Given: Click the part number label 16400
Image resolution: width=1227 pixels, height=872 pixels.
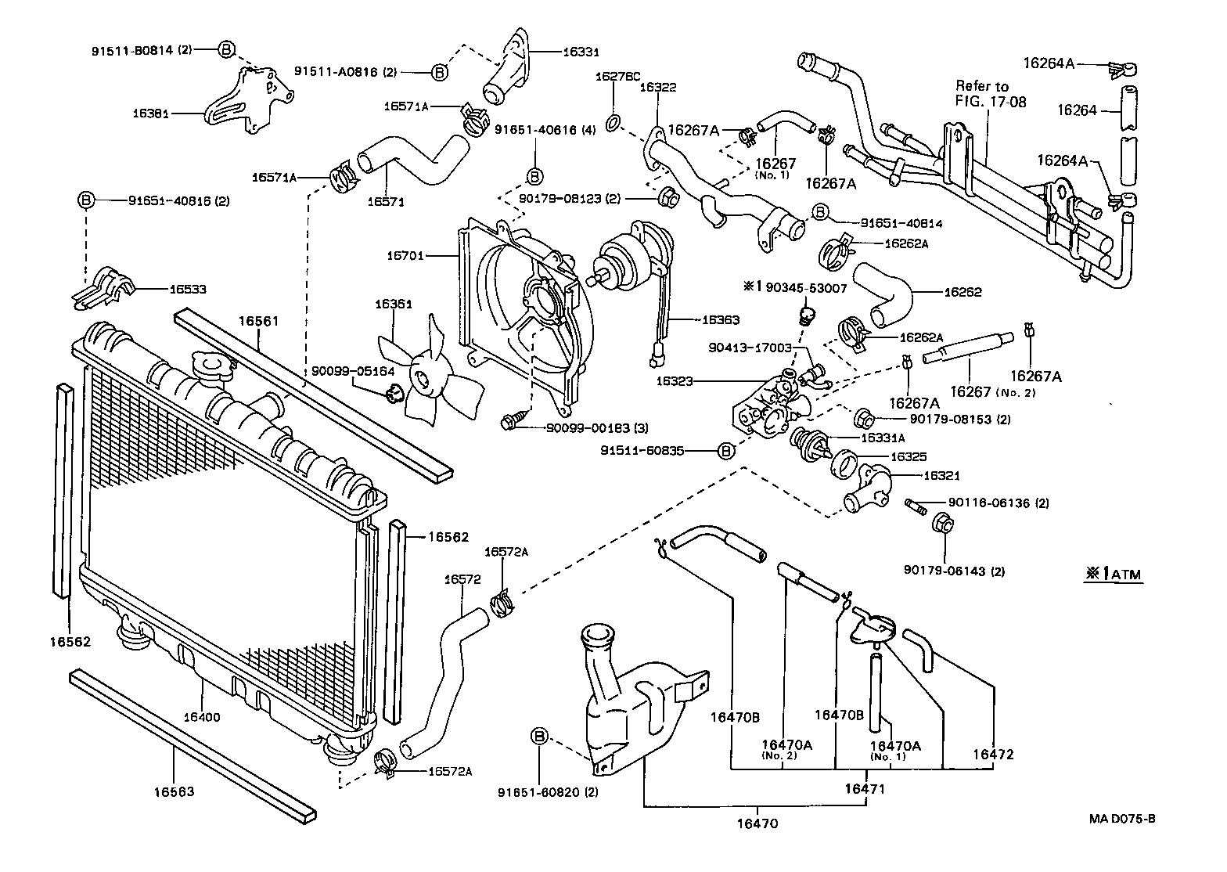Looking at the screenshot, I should [x=202, y=716].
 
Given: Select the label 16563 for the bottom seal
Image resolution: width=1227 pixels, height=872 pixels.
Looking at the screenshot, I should [x=174, y=791].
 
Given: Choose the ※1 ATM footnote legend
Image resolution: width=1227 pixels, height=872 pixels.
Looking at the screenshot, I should [x=1114, y=575].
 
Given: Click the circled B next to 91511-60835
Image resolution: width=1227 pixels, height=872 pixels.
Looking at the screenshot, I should [x=725, y=451].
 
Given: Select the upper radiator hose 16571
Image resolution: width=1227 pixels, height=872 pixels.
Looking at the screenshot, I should [x=411, y=160].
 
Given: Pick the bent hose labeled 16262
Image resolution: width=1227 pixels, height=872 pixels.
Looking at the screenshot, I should [x=888, y=294].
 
